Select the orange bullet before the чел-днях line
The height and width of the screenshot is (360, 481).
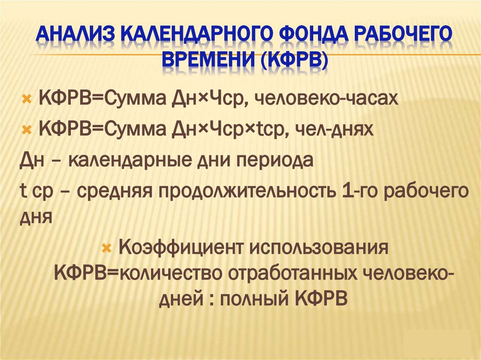point(26,129)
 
